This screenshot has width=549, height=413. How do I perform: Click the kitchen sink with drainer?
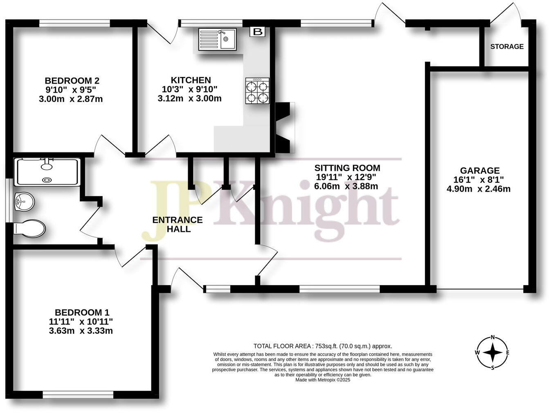217,39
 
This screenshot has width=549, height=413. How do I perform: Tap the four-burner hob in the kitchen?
257,91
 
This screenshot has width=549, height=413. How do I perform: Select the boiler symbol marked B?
257,32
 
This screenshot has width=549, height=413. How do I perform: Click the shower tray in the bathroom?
47,172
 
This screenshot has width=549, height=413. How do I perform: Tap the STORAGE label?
507,47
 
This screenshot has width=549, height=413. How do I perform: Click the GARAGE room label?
479,170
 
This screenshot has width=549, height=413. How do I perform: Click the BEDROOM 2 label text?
72,81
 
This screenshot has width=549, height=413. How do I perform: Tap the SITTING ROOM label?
347,168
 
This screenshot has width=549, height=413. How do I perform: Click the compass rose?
493,352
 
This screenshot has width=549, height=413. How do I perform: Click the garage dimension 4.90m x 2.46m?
479,189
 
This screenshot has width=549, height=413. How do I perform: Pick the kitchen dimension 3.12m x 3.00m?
189,99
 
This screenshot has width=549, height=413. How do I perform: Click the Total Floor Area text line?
323,346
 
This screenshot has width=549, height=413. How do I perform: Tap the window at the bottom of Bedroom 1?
78,395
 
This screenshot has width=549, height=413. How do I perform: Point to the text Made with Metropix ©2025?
323,380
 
